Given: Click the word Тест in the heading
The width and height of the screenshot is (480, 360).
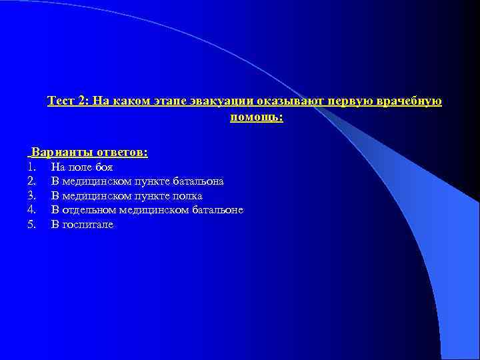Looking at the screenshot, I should click(x=60, y=101).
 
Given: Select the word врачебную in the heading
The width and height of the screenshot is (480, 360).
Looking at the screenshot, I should click(x=411, y=101).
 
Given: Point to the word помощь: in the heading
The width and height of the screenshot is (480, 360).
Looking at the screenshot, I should click(x=257, y=117).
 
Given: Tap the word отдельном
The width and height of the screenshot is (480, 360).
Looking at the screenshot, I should click(x=90, y=210).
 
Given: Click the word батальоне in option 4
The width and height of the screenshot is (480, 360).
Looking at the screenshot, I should click(x=217, y=210).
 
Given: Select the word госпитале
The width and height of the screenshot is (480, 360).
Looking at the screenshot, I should click(x=88, y=225).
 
